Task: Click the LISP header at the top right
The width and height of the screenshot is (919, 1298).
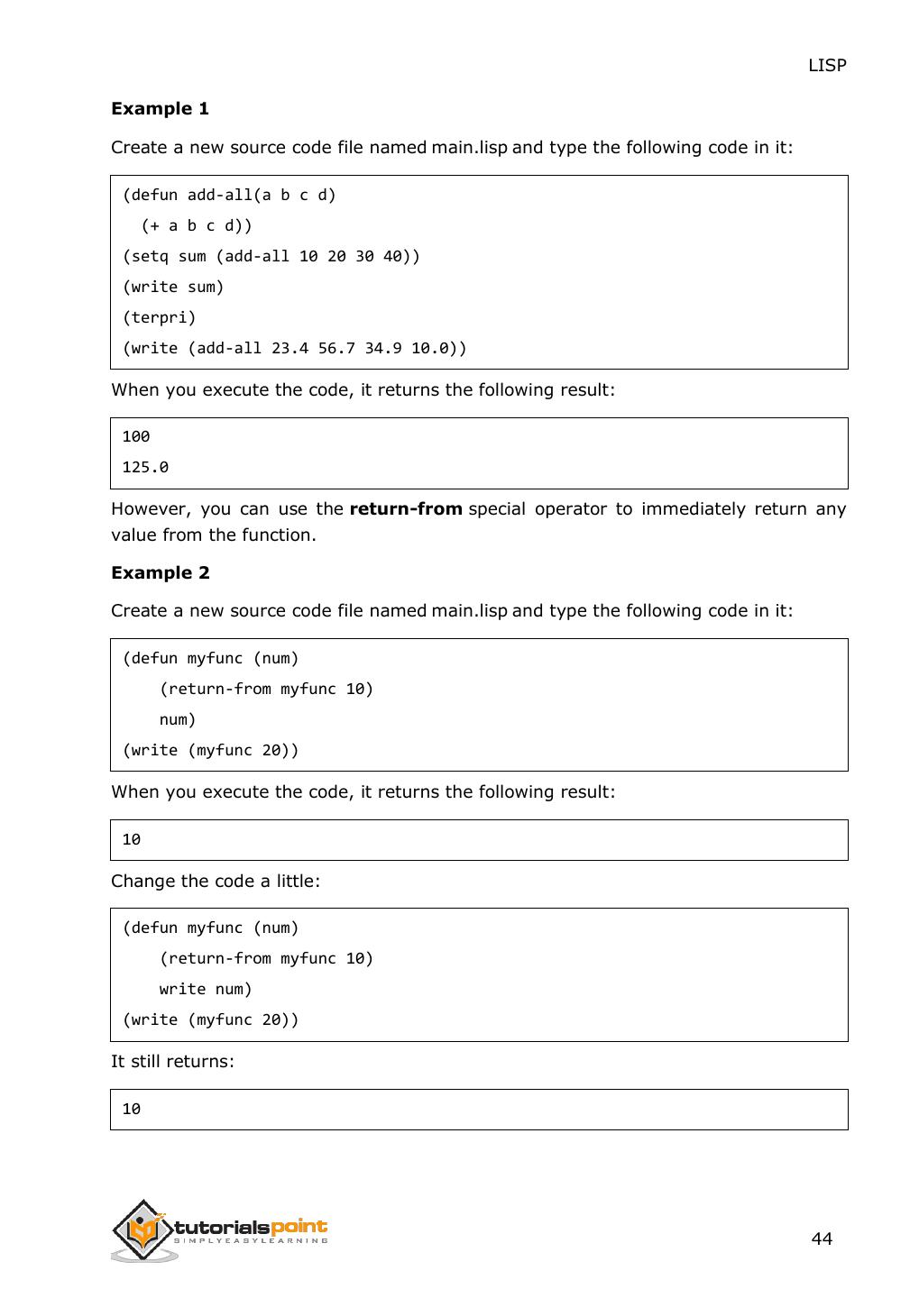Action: click(826, 65)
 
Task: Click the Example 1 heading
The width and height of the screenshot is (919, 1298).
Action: click(160, 108)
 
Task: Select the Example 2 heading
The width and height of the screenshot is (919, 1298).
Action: click(160, 572)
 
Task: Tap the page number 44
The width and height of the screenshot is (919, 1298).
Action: click(822, 1239)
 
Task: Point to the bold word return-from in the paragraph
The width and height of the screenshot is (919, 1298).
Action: click(406, 508)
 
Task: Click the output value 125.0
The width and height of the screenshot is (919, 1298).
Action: click(145, 467)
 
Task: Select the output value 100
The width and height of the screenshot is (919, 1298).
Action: click(136, 436)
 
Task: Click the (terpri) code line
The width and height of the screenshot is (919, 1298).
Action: click(159, 317)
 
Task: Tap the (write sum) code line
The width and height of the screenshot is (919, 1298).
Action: click(173, 287)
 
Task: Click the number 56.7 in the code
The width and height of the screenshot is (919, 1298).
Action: click(336, 348)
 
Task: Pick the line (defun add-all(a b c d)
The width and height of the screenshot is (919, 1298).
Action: click(229, 195)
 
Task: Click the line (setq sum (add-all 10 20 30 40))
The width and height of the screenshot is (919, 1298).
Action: click(271, 256)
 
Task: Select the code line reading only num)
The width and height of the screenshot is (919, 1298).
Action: click(178, 719)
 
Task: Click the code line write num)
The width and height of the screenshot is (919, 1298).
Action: click(206, 989)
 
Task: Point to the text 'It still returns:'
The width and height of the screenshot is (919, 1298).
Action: click(172, 1061)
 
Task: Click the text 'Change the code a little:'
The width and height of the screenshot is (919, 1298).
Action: click(216, 881)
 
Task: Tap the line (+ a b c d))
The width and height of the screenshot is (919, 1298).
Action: click(197, 225)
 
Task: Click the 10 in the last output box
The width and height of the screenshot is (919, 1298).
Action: click(132, 1109)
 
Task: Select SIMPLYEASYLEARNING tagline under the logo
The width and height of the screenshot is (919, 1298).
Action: click(251, 1241)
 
